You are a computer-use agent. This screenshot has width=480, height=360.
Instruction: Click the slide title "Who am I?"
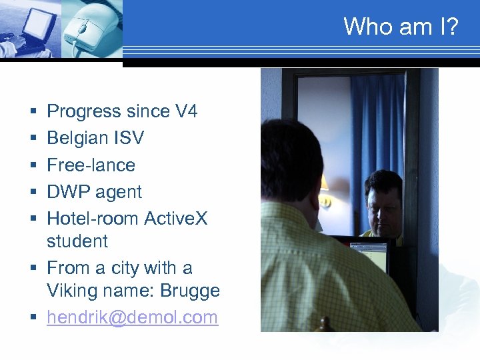tap(401, 27)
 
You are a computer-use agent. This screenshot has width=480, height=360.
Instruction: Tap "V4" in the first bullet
tap(185, 111)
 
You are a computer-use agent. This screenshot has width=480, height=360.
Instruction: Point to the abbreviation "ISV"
tap(128, 138)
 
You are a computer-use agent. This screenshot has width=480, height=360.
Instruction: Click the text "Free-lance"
tap(91, 165)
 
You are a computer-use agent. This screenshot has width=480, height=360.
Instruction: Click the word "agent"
tap(118, 192)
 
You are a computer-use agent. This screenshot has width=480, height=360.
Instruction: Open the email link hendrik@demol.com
tap(132, 317)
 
